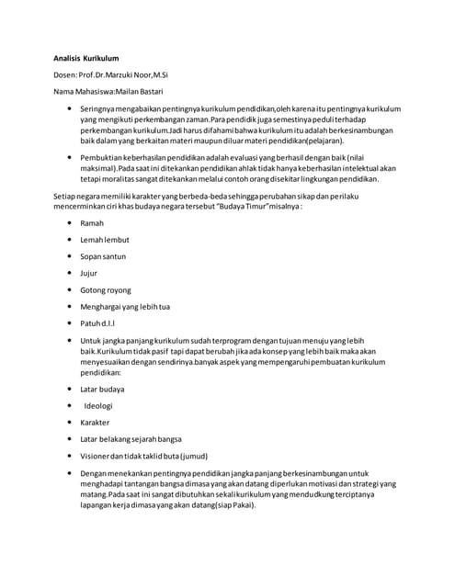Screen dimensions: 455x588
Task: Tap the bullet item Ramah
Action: coord(92,223)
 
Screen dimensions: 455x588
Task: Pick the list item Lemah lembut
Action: coord(105,240)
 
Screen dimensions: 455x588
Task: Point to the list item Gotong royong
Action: coord(106,290)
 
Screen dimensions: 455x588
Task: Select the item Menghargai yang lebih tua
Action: coord(125,307)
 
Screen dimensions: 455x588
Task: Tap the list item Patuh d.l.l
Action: coord(97,323)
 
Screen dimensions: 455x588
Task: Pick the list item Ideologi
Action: coord(98,406)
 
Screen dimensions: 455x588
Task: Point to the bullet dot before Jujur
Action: coord(70,273)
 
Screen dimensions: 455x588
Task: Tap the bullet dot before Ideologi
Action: coord(70,406)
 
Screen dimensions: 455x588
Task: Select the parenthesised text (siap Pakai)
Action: coord(231,505)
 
